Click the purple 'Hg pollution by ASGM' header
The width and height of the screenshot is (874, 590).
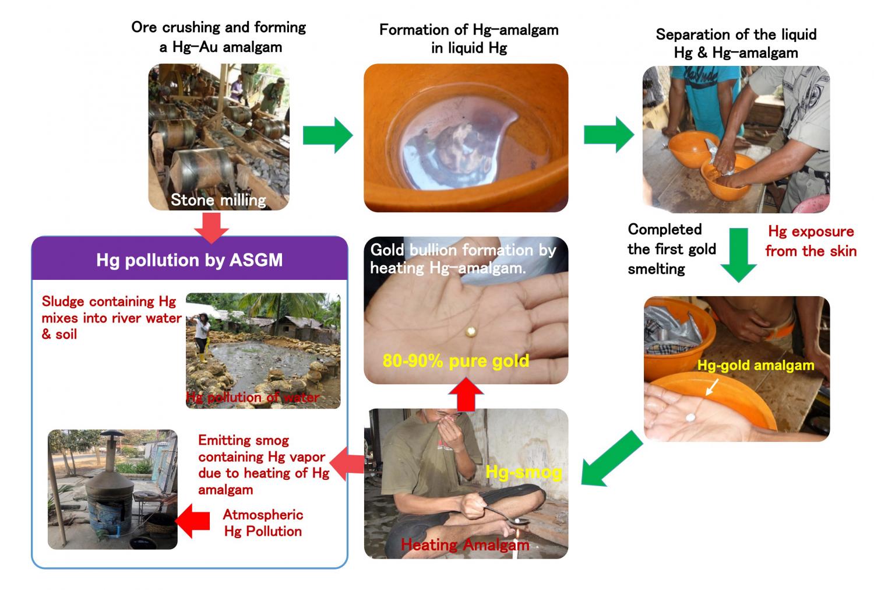(x=189, y=259)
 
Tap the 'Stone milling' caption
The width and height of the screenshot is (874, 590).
(x=218, y=200)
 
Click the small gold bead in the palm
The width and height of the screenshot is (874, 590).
(x=470, y=332)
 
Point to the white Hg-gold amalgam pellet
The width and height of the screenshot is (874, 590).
(x=691, y=417)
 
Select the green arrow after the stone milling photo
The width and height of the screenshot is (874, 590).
(x=327, y=136)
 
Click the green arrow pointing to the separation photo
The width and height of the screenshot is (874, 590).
(x=608, y=135)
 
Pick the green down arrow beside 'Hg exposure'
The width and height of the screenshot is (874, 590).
(x=738, y=255)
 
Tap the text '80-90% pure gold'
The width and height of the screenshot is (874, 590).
(x=456, y=361)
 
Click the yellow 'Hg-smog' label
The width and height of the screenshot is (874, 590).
(x=523, y=471)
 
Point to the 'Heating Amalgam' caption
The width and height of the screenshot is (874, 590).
(x=465, y=545)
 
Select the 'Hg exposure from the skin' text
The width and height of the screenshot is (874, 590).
(x=810, y=241)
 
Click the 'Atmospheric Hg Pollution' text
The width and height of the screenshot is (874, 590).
(x=263, y=523)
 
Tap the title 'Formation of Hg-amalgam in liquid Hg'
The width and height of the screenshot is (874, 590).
(x=468, y=38)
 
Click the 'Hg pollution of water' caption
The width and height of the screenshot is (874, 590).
(x=252, y=398)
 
